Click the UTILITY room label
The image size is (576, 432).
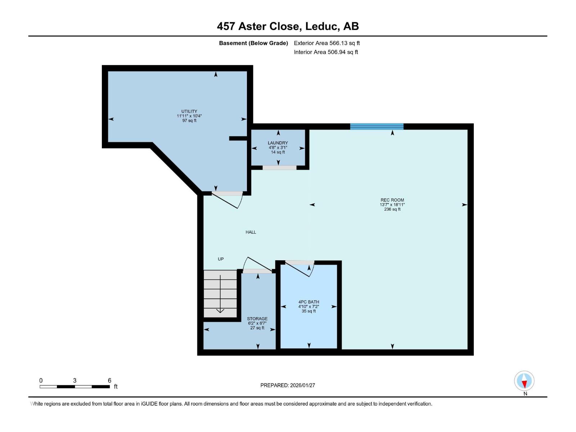pos(189,112)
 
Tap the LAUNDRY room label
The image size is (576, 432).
pos(278,143)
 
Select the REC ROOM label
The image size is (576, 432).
pos(392,200)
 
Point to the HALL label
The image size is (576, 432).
pos(251,232)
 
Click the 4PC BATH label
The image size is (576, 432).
pos(309,302)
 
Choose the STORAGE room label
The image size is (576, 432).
pos(257,319)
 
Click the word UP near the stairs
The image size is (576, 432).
pos(221,259)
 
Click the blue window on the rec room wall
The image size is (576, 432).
pos(377,126)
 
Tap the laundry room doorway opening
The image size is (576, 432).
pos(279,167)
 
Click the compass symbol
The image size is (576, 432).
pos(524,381)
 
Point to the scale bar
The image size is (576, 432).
pos(75,387)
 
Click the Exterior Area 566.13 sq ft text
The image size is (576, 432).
pos(327,43)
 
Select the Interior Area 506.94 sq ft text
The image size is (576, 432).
pos(326,52)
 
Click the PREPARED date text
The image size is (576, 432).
pos(288,385)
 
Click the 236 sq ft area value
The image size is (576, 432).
pos(392,209)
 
